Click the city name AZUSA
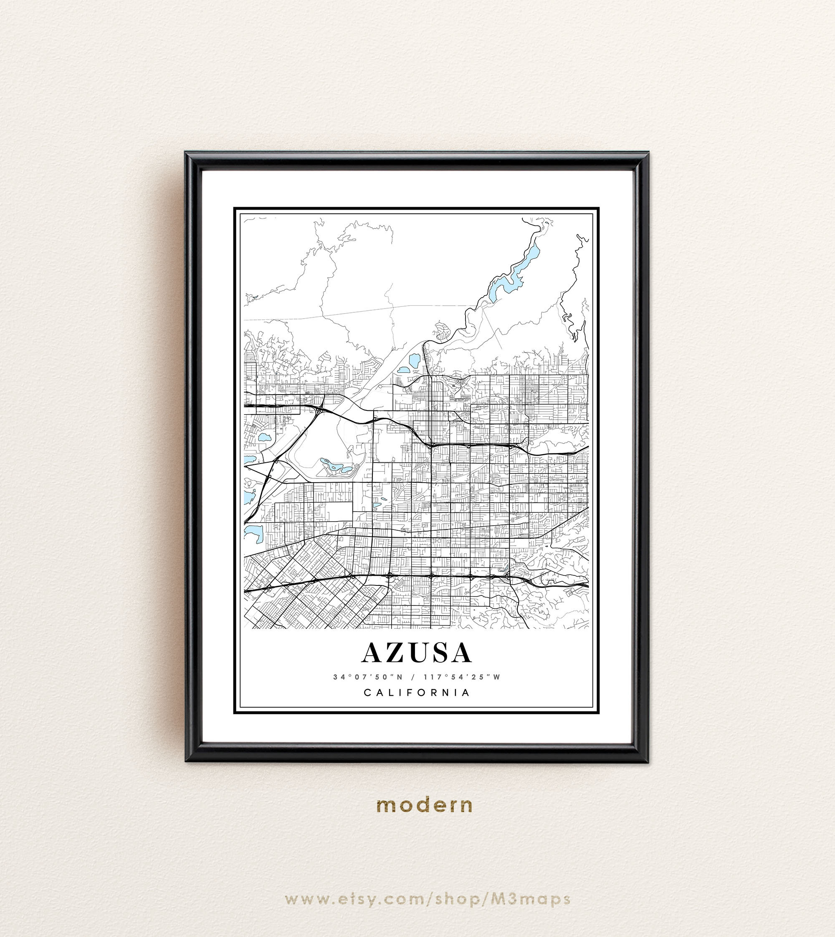tap(417, 653)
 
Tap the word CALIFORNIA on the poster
tap(417, 693)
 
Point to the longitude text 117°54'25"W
tap(463, 677)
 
